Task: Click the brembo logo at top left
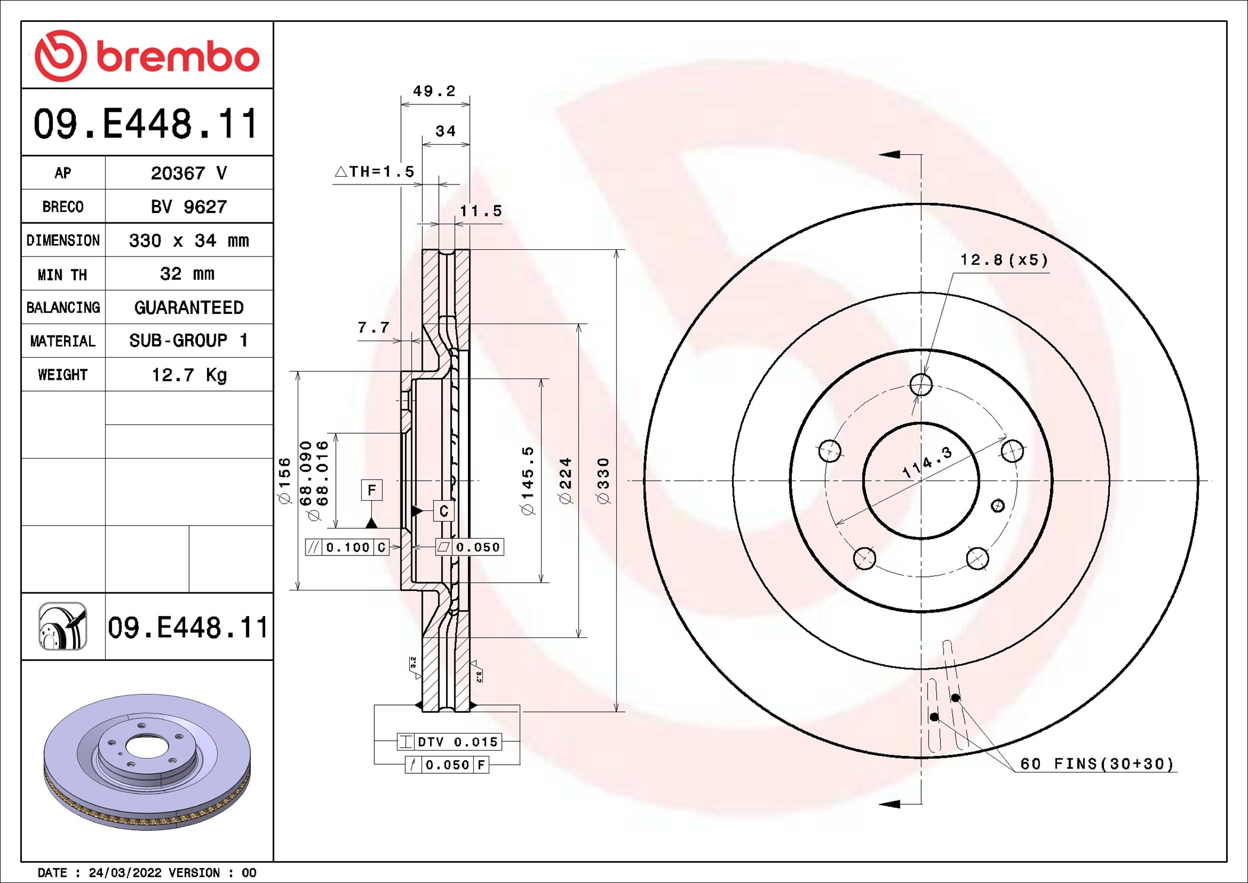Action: pos(147,56)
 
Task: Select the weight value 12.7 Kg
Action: pos(189,374)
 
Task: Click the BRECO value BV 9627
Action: pos(189,207)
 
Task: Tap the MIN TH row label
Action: pos(62,274)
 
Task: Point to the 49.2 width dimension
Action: pos(434,91)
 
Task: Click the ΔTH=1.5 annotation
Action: pos(375,172)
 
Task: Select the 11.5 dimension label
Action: pos(480,211)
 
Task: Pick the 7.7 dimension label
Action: pos(373,328)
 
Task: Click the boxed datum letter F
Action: pos(371,490)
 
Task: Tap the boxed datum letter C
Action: pos(444,511)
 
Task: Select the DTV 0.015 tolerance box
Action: pos(450,742)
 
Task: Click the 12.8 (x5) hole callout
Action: pos(1004,260)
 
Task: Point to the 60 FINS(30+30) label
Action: pos(1097,764)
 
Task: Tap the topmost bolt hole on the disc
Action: pos(921,385)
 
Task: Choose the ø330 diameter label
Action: pos(603,481)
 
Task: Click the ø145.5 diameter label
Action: pos(527,481)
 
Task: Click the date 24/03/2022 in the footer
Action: pos(125,872)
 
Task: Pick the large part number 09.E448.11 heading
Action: pos(147,123)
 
